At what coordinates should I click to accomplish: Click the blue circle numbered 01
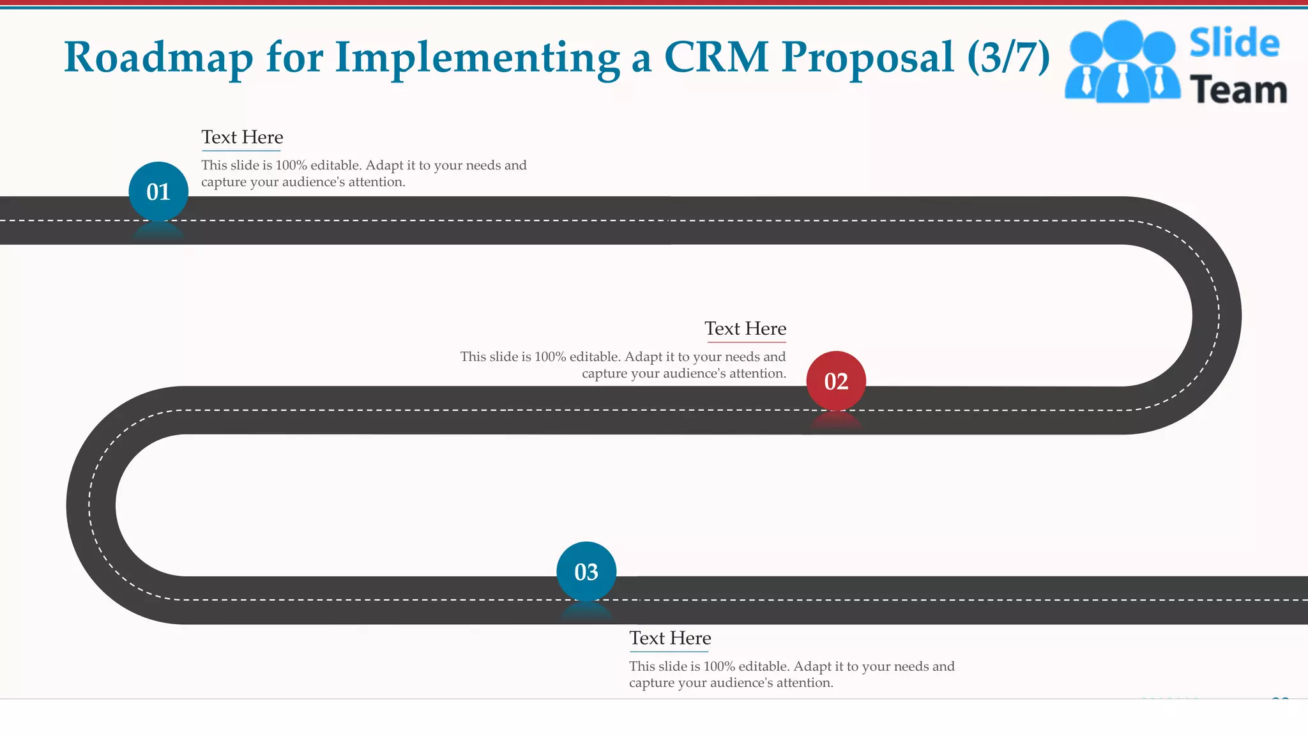(158, 192)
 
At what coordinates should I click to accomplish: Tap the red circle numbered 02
(836, 381)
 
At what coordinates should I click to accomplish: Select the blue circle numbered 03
(586, 572)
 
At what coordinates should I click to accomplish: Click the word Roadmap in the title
(158, 57)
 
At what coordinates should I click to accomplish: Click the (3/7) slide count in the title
(1008, 57)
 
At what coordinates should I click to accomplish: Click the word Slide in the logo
(1234, 43)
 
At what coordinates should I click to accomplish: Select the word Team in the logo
(1238, 90)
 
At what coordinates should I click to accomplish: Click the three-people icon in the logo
(1122, 63)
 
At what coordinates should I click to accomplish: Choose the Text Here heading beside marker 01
(242, 137)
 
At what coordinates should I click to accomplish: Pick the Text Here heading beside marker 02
(745, 328)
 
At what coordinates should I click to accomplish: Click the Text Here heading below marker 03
(670, 638)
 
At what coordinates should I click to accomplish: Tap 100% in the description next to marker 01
(291, 165)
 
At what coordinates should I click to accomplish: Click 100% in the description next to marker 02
(550, 357)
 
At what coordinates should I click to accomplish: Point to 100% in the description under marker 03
(719, 666)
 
